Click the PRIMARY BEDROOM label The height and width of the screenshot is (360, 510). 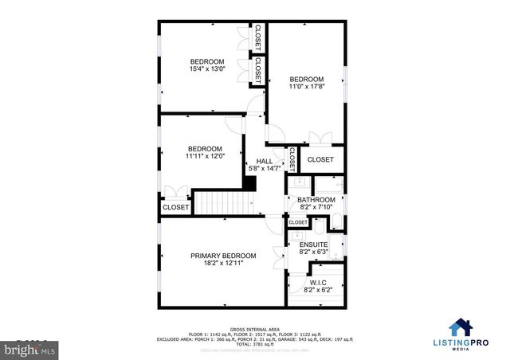click(x=223, y=256)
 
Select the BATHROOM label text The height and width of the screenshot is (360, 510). click(x=316, y=200)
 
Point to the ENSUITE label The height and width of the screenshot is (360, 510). click(x=314, y=245)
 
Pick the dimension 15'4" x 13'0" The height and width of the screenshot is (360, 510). click(x=206, y=69)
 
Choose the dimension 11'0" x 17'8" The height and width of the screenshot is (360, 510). click(x=307, y=88)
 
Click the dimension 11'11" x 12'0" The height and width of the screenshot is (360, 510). click(x=205, y=156)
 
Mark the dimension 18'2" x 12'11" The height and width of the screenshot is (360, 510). click(x=222, y=264)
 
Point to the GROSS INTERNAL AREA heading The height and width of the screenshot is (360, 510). click(x=254, y=329)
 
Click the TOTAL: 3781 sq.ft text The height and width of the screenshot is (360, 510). click(x=254, y=345)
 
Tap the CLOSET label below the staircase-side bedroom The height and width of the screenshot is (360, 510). click(x=176, y=207)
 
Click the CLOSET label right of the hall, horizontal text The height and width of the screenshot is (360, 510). click(x=320, y=159)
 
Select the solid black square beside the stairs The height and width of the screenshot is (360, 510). click(x=249, y=183)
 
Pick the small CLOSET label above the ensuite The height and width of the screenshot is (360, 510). click(x=297, y=222)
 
